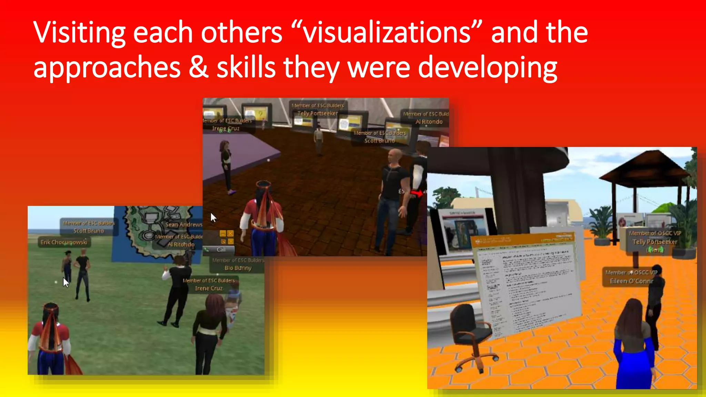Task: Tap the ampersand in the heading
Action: pos(199,67)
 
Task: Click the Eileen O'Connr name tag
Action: pos(632,281)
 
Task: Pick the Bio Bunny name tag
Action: pos(238,268)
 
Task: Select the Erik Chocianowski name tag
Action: pos(64,242)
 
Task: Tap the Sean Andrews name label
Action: pos(184,225)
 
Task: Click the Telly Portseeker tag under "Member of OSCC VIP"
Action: pos(655,242)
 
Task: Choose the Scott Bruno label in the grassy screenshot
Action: pos(89,231)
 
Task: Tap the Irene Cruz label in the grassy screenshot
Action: pos(209,288)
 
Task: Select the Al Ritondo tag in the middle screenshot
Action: pos(429,122)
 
